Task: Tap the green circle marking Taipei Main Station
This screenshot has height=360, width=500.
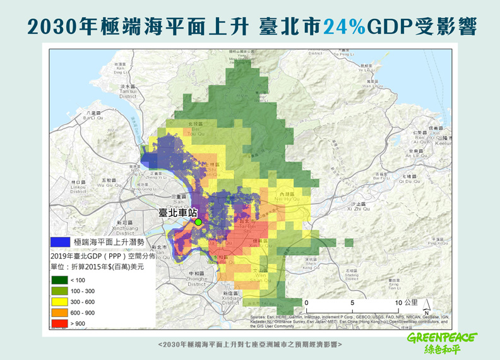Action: coord(198,222)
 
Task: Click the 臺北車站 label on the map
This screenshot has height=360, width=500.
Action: coord(177,213)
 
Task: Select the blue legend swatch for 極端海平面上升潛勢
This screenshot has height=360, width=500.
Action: coord(60,241)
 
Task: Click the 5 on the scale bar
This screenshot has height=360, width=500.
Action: coord(352,303)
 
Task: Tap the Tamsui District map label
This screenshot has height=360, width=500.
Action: coord(128,91)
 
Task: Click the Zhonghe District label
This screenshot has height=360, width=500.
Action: coord(196,278)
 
